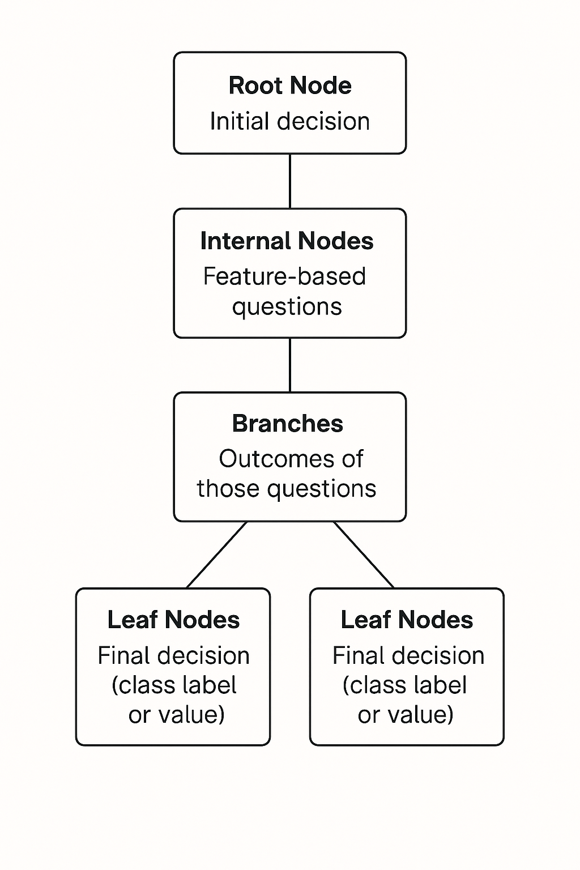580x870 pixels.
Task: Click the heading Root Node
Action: click(290, 86)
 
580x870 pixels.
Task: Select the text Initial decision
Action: click(290, 122)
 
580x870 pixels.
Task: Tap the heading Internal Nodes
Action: click(287, 241)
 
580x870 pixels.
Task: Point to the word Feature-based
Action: click(284, 276)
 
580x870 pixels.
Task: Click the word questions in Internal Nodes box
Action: click(287, 307)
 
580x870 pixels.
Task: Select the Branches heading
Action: click(288, 424)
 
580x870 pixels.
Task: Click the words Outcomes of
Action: click(291, 459)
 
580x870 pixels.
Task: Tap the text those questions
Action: click(287, 489)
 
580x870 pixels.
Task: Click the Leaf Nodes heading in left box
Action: click(173, 620)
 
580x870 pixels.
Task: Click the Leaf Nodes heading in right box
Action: click(407, 620)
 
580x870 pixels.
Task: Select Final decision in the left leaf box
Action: click(173, 656)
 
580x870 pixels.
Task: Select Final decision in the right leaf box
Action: click(408, 656)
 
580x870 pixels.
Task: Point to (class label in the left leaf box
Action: click(174, 685)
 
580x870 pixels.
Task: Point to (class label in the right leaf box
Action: click(404, 685)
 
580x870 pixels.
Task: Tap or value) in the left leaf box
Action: click(176, 715)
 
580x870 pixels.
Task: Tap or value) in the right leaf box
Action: click(406, 715)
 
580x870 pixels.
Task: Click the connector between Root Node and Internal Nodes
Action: click(290, 181)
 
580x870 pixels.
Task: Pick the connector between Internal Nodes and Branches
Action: click(290, 365)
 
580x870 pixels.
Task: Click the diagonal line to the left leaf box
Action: click(217, 555)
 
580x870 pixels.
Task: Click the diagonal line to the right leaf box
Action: click(364, 555)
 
